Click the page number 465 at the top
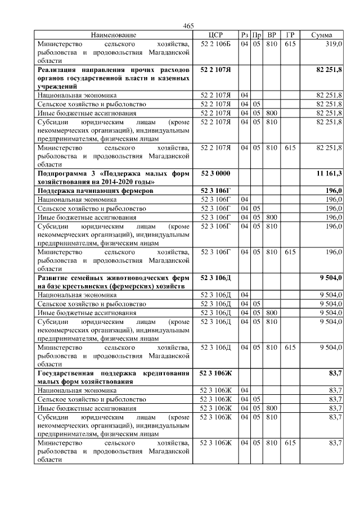tap(188, 26)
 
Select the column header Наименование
tap(114, 35)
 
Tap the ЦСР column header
tap(216, 35)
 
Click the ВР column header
tap(272, 35)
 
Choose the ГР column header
tap(290, 35)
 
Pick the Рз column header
tap(244, 35)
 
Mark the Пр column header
tap(256, 35)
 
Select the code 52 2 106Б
tap(216, 43)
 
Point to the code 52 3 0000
tap(216, 173)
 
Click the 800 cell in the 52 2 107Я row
tap(272, 113)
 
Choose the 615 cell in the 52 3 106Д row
tap(290, 347)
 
